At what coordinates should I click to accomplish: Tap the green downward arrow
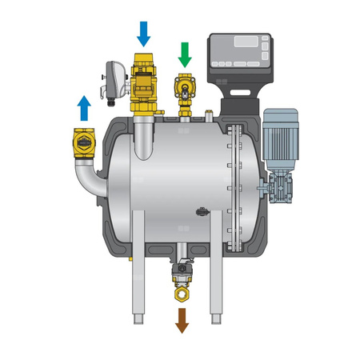(186, 54)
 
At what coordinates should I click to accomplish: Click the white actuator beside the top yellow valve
(114, 81)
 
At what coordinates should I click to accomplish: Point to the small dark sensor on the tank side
(202, 213)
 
